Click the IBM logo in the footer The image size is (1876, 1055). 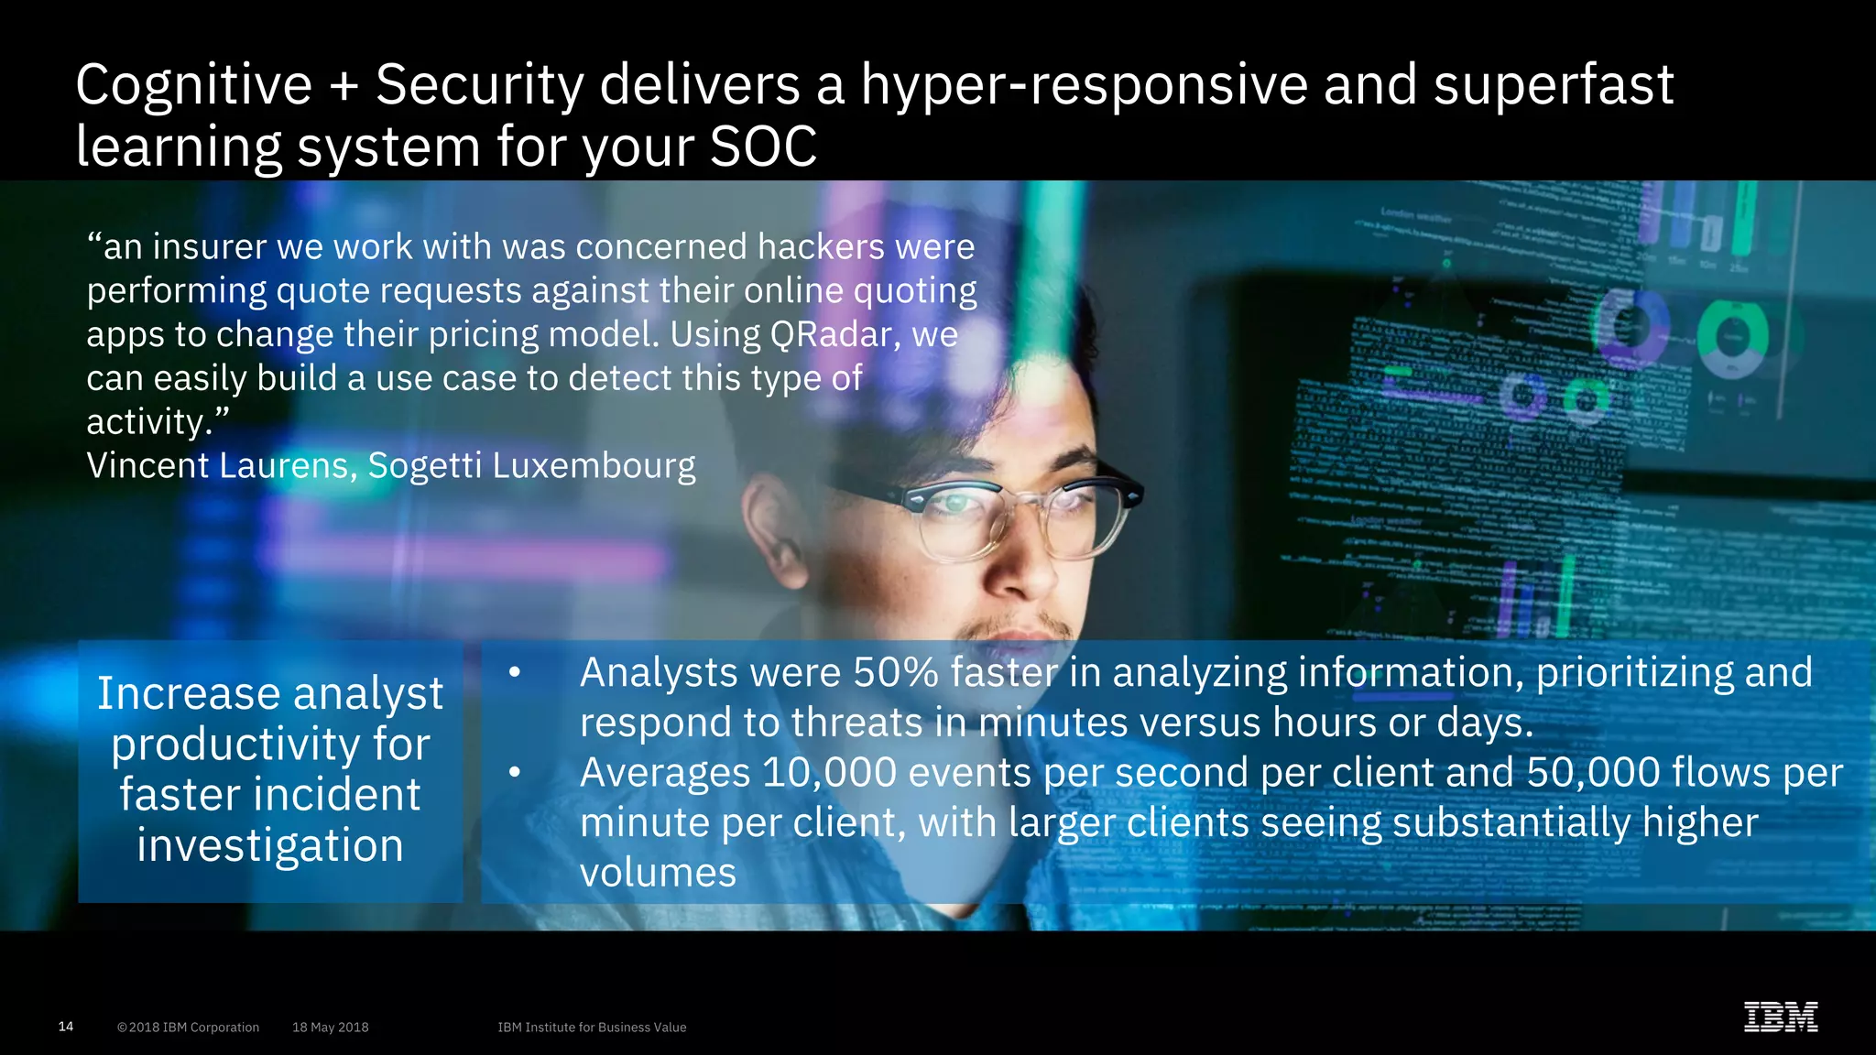click(x=1781, y=1017)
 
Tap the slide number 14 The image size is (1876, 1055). click(x=66, y=1027)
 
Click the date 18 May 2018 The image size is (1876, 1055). click(x=330, y=1028)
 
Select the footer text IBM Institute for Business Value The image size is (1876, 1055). click(x=592, y=1028)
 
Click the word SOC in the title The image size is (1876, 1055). click(x=763, y=147)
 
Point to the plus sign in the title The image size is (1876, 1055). click(x=344, y=86)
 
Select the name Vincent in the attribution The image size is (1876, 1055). click(x=147, y=465)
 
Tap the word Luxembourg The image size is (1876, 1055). click(x=594, y=465)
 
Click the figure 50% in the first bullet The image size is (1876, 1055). click(x=895, y=673)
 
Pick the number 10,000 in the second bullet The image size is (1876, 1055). click(x=828, y=773)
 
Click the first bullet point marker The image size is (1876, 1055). click(x=515, y=673)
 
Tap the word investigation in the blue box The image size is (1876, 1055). click(x=270, y=845)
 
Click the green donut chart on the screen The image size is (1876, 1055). click(x=1731, y=338)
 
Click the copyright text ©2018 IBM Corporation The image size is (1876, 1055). click(x=188, y=1028)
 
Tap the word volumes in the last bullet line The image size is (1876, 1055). click(x=658, y=873)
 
